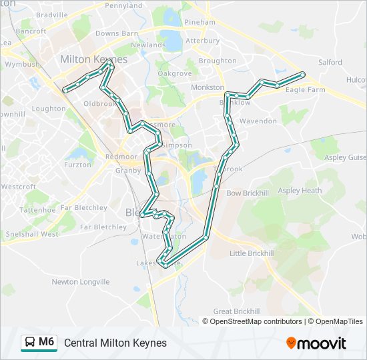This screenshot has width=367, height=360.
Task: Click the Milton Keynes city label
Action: [93, 59]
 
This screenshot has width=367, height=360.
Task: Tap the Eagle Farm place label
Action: [306, 89]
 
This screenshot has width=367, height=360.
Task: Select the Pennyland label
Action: [124, 5]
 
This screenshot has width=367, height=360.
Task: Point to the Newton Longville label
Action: [80, 282]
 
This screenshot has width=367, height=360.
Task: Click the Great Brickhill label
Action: [236, 311]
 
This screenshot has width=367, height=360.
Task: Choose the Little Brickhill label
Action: [252, 253]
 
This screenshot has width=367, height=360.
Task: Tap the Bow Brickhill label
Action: [246, 193]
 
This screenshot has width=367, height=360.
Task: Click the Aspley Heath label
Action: [300, 191]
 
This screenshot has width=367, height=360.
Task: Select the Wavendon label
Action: [258, 121]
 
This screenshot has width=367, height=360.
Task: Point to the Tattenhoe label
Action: [37, 210]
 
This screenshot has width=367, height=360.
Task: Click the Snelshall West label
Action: [31, 234]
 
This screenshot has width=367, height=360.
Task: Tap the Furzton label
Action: [78, 165]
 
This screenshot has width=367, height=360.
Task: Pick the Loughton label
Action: [49, 109]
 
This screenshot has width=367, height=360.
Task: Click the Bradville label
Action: [52, 15]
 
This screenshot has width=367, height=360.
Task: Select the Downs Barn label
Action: [117, 33]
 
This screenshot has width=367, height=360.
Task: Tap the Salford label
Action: [330, 63]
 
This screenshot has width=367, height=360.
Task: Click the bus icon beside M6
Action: [30, 343]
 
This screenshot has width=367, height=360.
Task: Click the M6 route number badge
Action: [46, 342]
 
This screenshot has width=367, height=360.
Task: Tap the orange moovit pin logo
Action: [292, 343]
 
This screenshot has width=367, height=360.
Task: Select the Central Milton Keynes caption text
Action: [115, 343]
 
